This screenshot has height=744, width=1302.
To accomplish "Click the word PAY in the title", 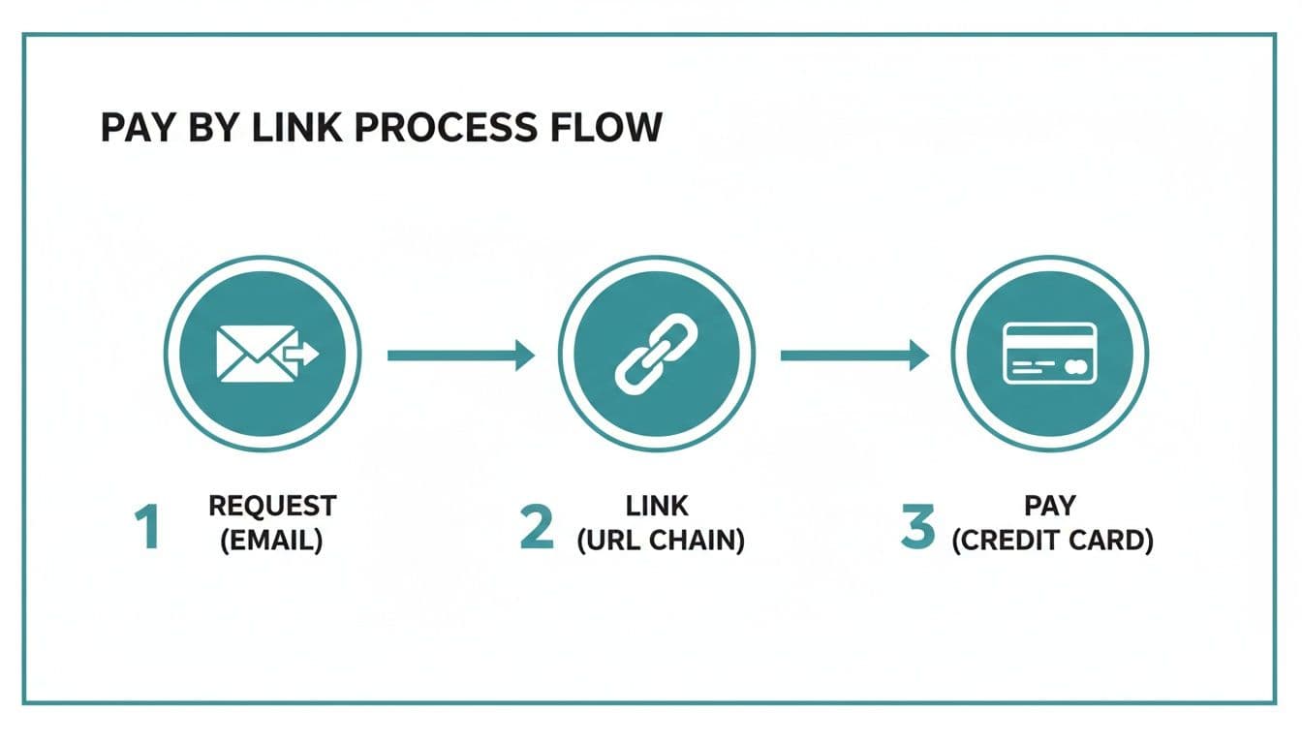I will point(134,128).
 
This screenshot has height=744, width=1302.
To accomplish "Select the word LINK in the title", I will point(294,128).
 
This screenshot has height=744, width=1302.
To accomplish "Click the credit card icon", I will point(1049,355).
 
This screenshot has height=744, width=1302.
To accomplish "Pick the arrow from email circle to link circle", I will point(460,356).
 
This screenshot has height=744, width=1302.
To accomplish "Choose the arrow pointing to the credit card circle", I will point(853,356).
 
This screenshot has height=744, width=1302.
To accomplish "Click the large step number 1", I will point(147,527).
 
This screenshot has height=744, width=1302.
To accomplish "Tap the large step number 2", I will point(537,527).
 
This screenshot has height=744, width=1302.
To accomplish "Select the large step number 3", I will point(916,527).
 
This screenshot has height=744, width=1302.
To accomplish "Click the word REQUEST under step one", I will point(272,507).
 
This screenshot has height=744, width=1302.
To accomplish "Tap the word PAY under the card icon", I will point(1052,507).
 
